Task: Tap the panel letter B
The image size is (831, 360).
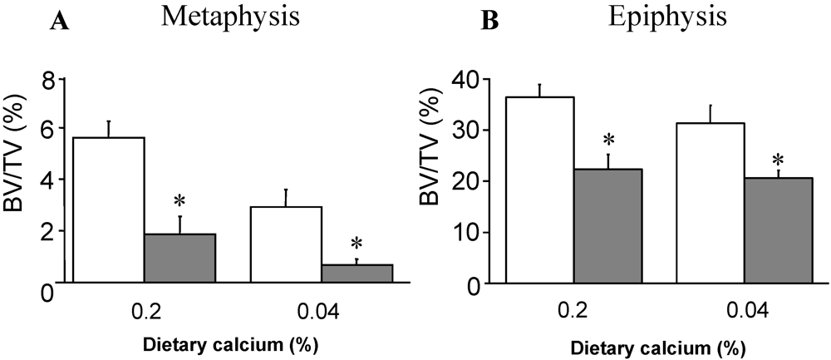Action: point(491,22)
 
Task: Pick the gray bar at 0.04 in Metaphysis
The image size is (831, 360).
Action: point(356,274)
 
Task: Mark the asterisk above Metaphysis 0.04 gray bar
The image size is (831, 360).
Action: point(356,244)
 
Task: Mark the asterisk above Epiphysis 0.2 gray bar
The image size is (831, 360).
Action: point(608,140)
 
